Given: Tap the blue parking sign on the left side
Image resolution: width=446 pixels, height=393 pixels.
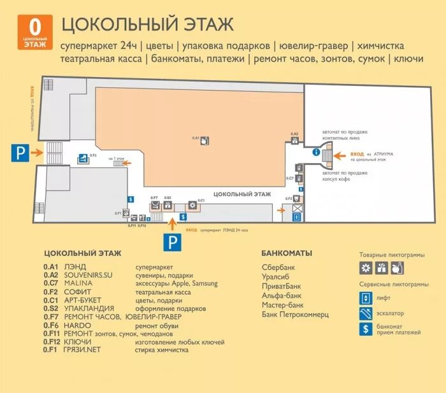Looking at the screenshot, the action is click(21, 152).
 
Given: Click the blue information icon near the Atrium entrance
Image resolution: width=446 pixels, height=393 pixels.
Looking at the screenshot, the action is click(316, 153).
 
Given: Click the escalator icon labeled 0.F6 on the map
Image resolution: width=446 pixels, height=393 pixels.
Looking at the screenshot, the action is click(83, 161).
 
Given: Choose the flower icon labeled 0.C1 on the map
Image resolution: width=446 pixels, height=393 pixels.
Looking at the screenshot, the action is click(192, 205).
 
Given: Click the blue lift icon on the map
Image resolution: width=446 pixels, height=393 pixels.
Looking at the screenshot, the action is click(296, 216).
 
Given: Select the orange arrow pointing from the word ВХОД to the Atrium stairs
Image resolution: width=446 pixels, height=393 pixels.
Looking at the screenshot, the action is click(339, 155).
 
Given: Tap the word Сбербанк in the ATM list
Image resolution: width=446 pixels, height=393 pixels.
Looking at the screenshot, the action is click(278, 267).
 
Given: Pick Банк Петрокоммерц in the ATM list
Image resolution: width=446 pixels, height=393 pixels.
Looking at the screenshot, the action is click(295, 315).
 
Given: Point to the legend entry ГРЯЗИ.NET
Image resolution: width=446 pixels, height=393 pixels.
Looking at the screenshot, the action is click(82, 350).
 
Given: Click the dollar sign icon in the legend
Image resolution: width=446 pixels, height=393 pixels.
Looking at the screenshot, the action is click(366, 329).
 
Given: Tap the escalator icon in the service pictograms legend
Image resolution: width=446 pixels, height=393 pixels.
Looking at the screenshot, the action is click(366, 313).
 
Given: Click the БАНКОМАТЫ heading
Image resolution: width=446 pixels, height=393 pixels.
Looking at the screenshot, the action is click(287, 253).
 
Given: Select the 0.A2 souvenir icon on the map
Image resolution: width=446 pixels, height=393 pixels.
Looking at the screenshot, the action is click(294, 141).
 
